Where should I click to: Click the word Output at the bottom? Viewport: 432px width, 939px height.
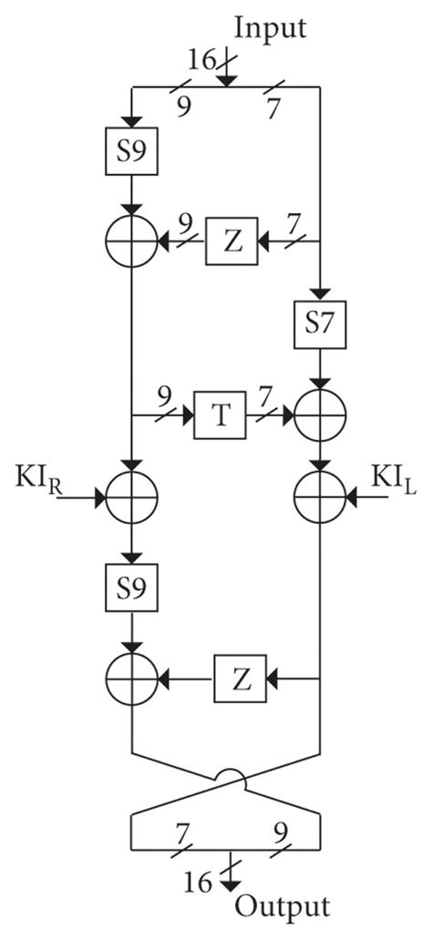click(283, 907)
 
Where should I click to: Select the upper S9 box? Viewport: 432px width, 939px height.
click(131, 155)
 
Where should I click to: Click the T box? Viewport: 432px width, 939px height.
click(220, 418)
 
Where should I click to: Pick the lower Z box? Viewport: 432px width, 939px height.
click(240, 679)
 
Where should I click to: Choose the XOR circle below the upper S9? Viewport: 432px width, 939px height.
click(131, 242)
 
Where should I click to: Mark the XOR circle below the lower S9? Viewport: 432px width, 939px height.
click(131, 679)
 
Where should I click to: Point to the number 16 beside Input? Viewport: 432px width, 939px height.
click(203, 61)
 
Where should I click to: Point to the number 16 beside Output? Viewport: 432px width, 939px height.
click(211, 880)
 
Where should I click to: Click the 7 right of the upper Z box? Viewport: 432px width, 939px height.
click(294, 221)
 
